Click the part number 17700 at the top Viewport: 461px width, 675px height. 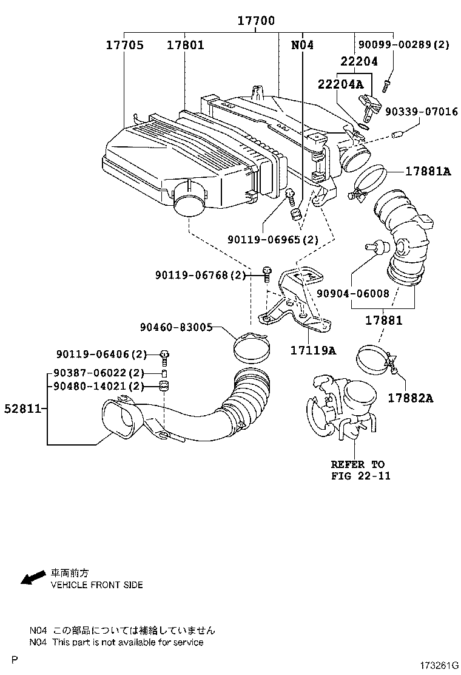[255, 21]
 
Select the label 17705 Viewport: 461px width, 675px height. [124, 45]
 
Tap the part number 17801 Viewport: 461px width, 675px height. [185, 45]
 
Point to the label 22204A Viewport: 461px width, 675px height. [340, 84]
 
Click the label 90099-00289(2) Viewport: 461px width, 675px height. [403, 45]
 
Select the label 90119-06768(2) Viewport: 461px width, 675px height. [200, 275]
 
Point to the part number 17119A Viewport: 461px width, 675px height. [312, 350]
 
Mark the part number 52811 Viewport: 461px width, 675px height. [21, 409]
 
